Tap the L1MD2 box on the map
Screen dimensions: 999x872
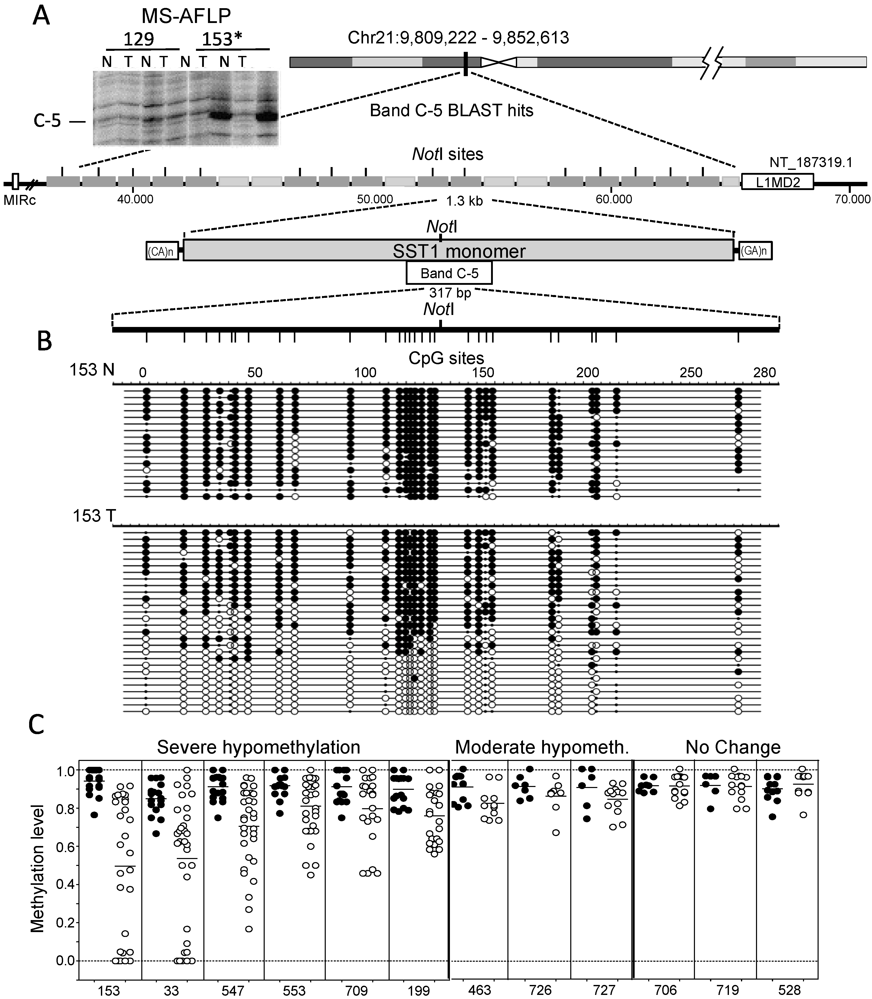777,182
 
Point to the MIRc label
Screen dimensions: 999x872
19,200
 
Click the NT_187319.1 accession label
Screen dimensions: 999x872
811,162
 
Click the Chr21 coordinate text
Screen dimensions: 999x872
458,38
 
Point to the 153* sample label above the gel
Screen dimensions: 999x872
222,39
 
